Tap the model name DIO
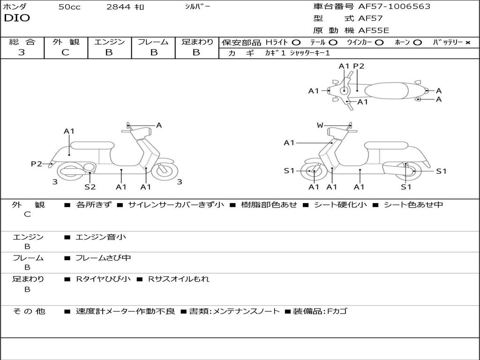pos(17,18)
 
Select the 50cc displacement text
pos(69,7)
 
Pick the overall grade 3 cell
pos(22,52)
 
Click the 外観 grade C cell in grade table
pos(65,52)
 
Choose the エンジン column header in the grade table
pos(109,42)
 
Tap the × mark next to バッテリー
pos(467,43)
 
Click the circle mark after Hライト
pos(296,43)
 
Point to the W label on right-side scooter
pos(320,125)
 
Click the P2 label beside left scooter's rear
pos(37,164)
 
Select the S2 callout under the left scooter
pos(90,187)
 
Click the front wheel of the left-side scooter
pos(165,170)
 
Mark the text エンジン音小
pos(101,237)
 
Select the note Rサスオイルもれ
pos(179,279)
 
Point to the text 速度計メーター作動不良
pos(125,311)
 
